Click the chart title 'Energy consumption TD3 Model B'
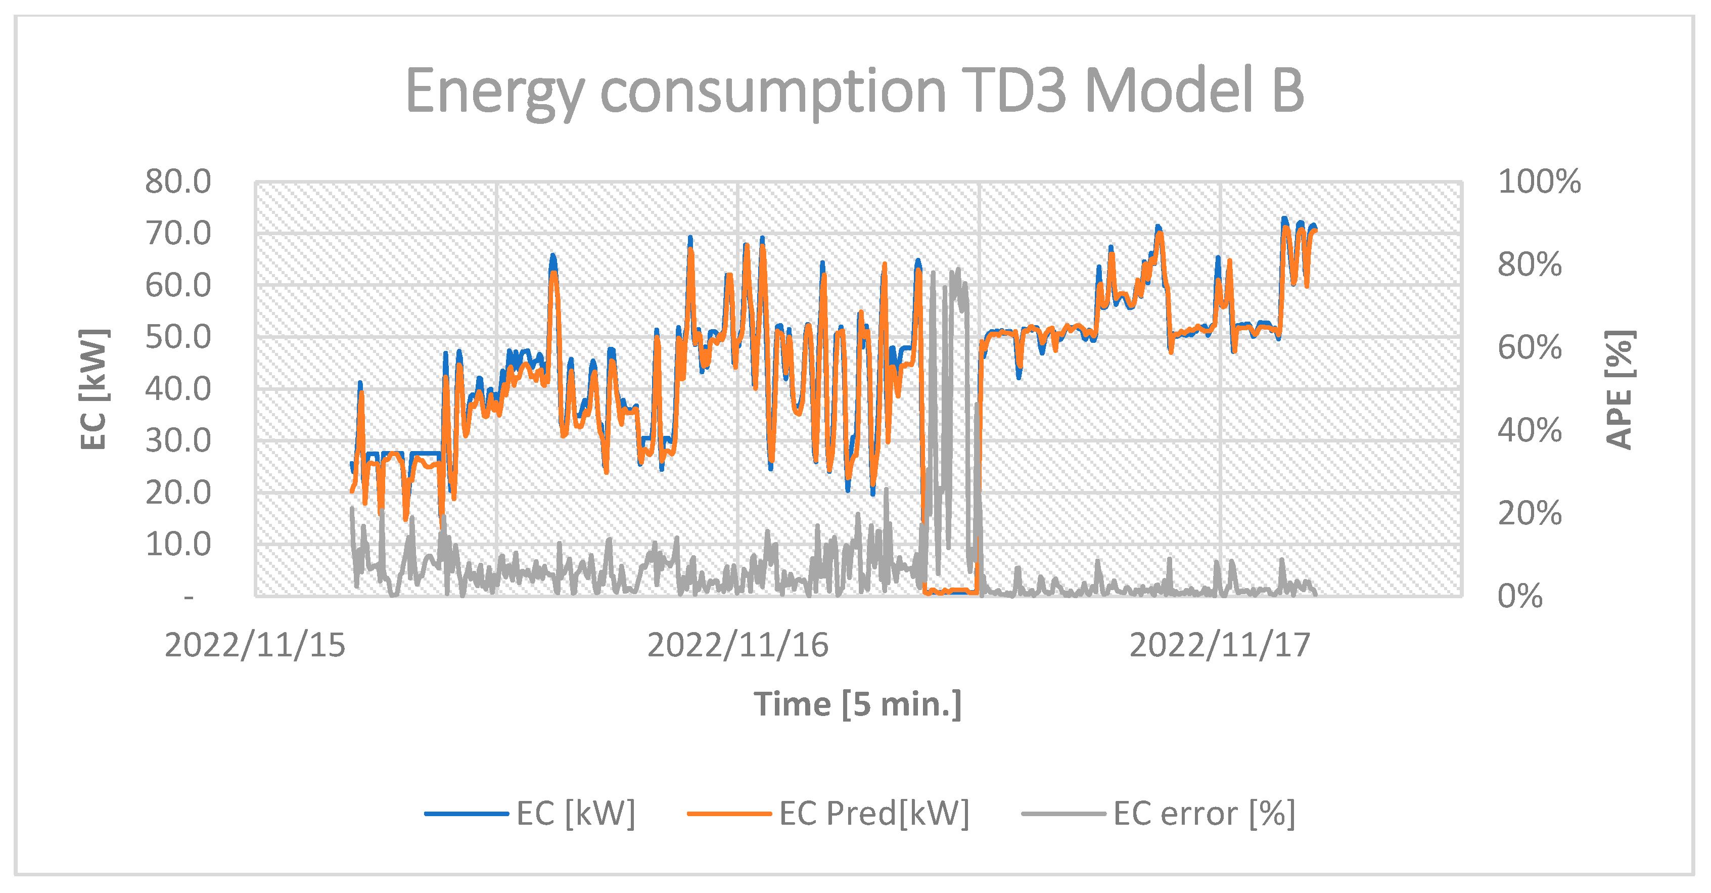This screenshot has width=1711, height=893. click(854, 92)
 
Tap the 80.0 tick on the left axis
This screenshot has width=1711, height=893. click(178, 182)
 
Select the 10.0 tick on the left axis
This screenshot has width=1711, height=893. click(178, 544)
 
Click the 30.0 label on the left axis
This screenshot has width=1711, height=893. click(178, 440)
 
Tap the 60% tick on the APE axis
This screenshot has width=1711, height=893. click(1529, 347)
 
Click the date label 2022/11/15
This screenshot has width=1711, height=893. click(255, 645)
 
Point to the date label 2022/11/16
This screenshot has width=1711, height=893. click(737, 645)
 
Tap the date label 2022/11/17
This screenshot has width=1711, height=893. click(1220, 645)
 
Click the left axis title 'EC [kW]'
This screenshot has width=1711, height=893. click(93, 389)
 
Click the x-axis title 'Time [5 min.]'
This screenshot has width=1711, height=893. click(857, 704)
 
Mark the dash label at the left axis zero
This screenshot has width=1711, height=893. click(190, 597)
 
